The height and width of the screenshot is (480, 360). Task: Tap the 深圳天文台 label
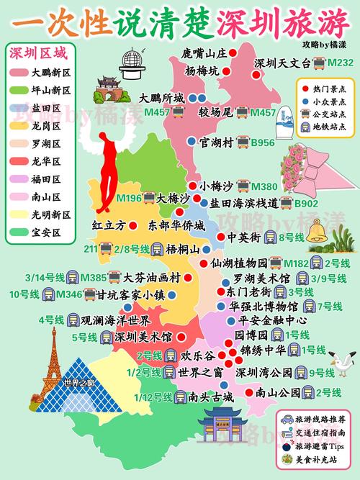[282, 63]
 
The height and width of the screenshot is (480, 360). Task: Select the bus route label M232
[340, 63]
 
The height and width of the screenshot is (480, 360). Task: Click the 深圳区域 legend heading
[36, 53]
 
